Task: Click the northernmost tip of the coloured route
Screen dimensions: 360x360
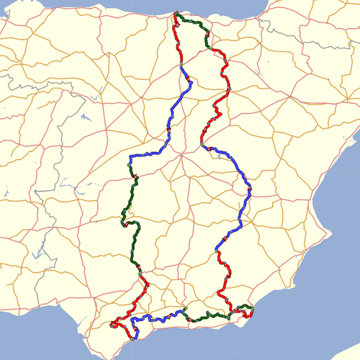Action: tap(176, 13)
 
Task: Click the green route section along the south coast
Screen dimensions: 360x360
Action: tap(209, 315)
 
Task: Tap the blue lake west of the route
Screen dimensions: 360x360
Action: tap(86, 115)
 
